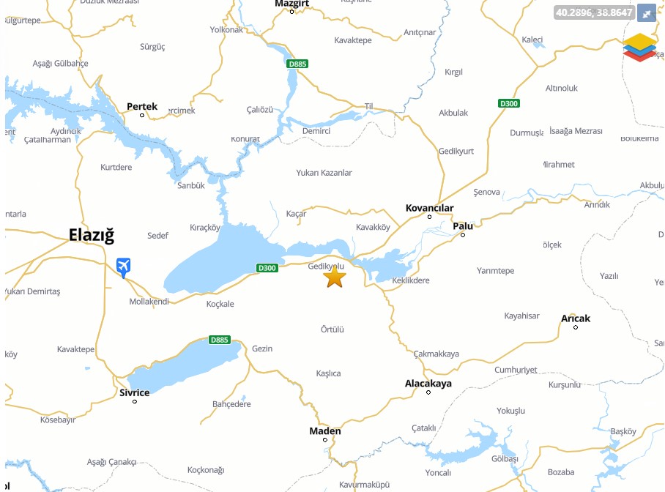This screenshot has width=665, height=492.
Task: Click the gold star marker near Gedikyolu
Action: tap(334, 277)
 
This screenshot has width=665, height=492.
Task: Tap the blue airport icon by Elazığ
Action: tap(124, 267)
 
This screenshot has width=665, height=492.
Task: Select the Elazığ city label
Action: tap(92, 235)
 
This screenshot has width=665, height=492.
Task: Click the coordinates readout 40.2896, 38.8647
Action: tap(593, 12)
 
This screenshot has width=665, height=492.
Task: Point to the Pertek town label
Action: tap(142, 106)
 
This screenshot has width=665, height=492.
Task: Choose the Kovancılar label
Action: tap(430, 208)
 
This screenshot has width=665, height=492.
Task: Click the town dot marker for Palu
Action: tap(463, 235)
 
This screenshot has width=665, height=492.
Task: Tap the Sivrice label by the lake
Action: tap(134, 392)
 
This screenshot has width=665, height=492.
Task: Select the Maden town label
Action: tap(325, 430)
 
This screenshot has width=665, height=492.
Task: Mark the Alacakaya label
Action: tap(428, 383)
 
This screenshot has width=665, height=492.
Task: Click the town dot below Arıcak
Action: tap(576, 327)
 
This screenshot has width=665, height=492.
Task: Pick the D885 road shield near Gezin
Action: tap(219, 340)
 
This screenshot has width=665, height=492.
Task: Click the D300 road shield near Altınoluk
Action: tap(508, 103)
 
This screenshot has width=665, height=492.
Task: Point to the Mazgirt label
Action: tap(291, 4)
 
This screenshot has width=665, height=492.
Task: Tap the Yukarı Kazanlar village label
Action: tap(324, 173)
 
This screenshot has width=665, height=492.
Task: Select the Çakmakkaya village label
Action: tap(436, 354)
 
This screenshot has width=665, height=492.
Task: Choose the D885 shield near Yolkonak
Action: tap(297, 64)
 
